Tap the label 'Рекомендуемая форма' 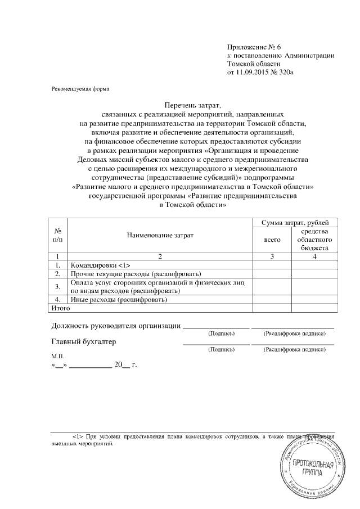click(x=77, y=89)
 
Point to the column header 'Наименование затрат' click(x=159, y=236)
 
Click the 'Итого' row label click(x=56, y=308)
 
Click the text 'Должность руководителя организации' click(x=115, y=326)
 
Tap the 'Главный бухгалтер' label click(x=84, y=341)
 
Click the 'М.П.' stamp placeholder click(x=58, y=357)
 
